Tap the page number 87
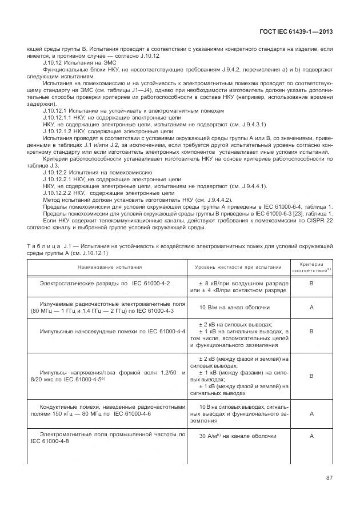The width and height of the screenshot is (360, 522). point(329,478)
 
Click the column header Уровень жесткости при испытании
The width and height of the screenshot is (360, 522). point(238,267)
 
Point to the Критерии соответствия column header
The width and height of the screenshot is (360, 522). point(311,267)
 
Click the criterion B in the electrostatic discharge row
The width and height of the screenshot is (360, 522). point(311,283)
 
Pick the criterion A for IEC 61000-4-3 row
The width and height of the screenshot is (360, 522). point(311,308)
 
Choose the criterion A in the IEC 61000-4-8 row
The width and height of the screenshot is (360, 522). point(311,436)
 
